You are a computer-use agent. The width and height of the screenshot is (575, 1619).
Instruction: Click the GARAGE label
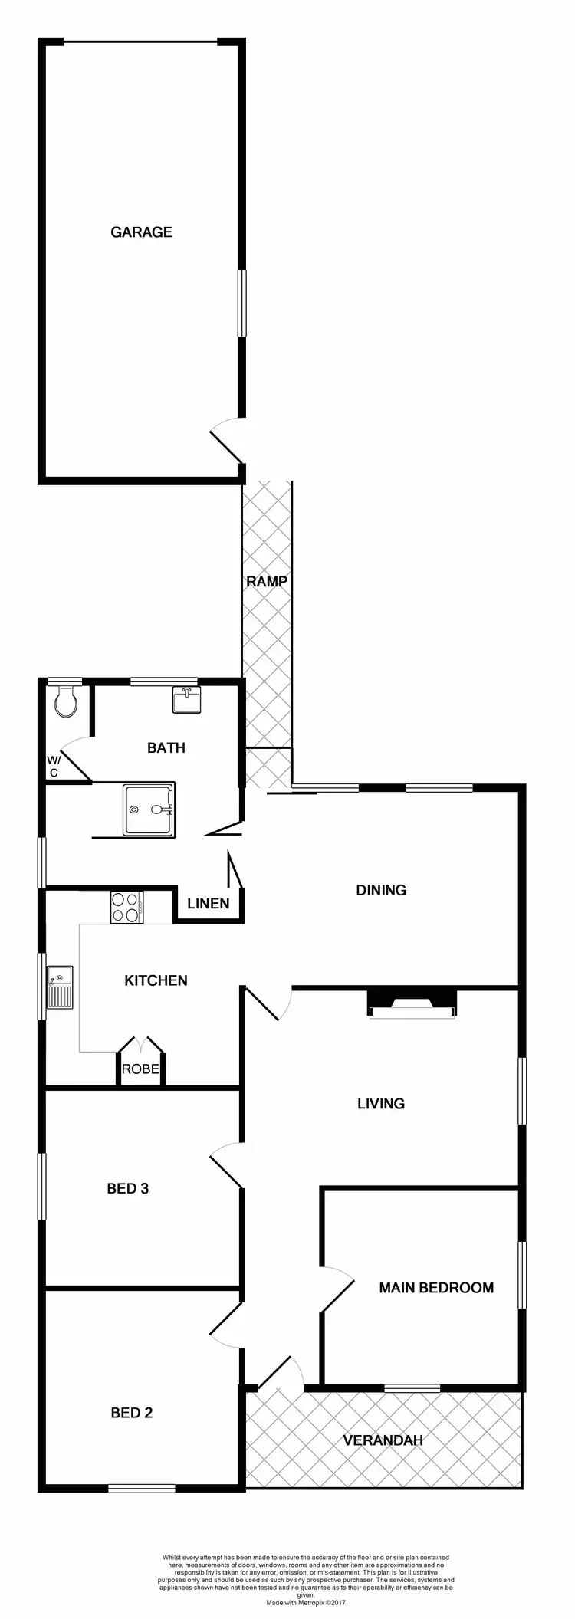pyautogui.click(x=141, y=232)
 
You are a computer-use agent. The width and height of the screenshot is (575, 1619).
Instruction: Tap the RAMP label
pyautogui.click(x=267, y=582)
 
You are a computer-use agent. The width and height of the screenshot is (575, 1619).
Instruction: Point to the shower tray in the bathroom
pyautogui.click(x=149, y=808)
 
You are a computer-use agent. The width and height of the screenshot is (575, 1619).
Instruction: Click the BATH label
pyautogui.click(x=166, y=747)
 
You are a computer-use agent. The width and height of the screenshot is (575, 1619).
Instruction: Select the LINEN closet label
pyautogui.click(x=209, y=903)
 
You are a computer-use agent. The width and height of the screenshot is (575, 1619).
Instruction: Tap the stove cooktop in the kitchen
pyautogui.click(x=127, y=908)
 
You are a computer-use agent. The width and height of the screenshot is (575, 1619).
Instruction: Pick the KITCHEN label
pyautogui.click(x=156, y=980)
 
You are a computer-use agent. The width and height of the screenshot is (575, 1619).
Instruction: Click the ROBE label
pyautogui.click(x=140, y=1069)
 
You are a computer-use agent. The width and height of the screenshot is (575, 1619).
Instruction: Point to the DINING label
pyautogui.click(x=381, y=890)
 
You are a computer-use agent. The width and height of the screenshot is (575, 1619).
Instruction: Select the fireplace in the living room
pyautogui.click(x=412, y=1003)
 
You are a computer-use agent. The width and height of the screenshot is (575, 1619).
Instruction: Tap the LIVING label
pyautogui.click(x=381, y=1104)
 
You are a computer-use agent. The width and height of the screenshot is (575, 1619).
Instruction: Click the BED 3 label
pyautogui.click(x=128, y=1189)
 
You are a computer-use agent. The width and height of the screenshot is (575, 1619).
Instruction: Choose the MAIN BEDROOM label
pyautogui.click(x=436, y=1288)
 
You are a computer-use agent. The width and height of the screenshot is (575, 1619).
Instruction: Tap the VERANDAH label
pyautogui.click(x=383, y=1419)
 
